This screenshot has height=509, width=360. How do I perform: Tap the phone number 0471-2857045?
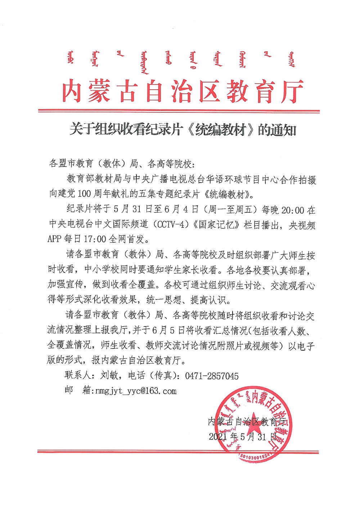212,376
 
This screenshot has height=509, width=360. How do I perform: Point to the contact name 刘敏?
109,375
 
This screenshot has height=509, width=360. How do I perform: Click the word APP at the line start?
55,239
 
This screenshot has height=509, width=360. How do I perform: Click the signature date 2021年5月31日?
243,437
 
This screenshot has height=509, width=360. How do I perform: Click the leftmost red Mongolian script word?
71,59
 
